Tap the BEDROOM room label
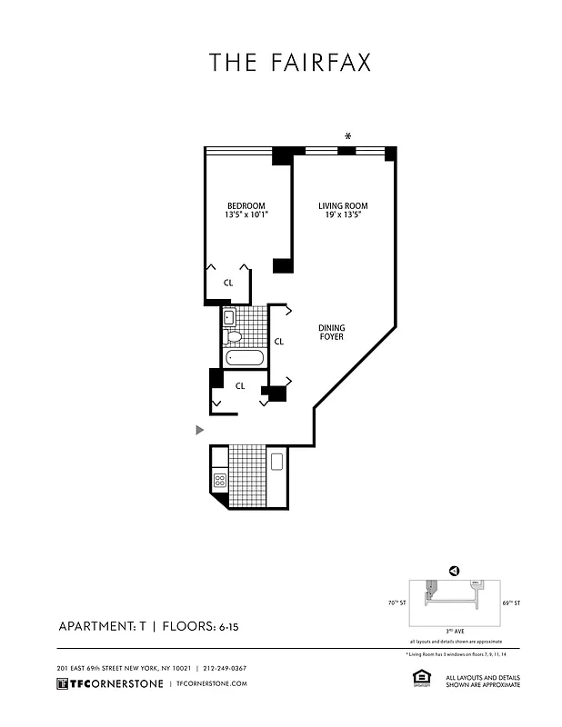(x=246, y=205)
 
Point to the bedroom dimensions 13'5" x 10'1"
(x=246, y=215)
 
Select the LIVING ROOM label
(x=343, y=206)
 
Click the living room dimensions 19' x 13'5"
(x=343, y=216)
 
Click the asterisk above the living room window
(x=347, y=137)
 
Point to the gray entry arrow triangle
(x=200, y=429)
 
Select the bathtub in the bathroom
(x=245, y=358)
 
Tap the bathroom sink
(x=228, y=317)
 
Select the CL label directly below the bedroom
(x=228, y=283)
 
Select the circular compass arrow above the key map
(x=452, y=571)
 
